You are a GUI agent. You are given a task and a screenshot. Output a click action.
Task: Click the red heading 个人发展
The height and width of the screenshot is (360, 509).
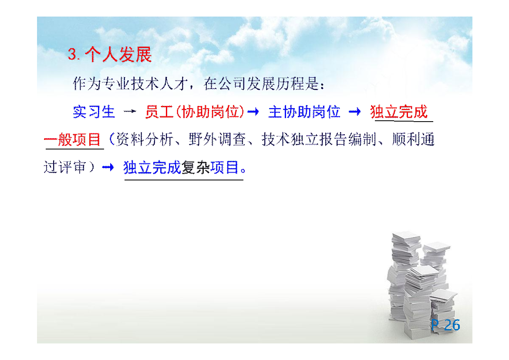tap(118, 54)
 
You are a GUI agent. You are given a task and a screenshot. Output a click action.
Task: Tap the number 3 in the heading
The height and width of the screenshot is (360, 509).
tap(72, 54)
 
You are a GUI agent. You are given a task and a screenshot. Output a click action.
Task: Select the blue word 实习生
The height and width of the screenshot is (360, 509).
tap(94, 112)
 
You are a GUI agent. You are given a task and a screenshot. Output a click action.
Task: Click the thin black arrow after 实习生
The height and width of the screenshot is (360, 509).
tap(130, 112)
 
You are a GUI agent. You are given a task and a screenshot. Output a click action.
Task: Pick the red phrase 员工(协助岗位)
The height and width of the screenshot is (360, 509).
tap(195, 112)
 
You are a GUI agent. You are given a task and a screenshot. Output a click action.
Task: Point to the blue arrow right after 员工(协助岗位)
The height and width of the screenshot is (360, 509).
tap(253, 112)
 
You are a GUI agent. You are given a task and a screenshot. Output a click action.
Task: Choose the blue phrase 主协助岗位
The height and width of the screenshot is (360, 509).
tap(304, 112)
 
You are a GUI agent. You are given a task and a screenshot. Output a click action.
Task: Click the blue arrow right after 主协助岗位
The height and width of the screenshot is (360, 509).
tap(355, 112)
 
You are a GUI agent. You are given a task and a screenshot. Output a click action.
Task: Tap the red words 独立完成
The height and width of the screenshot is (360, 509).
tap(399, 112)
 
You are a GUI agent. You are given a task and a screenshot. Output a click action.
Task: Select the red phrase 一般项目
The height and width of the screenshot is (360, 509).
tap(72, 140)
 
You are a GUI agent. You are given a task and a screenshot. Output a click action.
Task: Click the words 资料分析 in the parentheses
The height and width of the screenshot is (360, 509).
tap(145, 139)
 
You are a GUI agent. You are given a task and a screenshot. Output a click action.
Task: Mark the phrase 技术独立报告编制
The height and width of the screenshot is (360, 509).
tap(319, 139)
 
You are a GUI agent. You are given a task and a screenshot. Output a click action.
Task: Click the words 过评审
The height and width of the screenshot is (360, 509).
tap(65, 167)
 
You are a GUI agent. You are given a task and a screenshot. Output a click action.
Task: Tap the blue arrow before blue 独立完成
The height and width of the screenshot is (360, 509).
tap(108, 167)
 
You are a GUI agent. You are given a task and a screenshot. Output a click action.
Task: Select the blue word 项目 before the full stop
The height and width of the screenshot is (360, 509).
tap(224, 168)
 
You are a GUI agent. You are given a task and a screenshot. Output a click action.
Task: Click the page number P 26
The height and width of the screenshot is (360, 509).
tap(445, 325)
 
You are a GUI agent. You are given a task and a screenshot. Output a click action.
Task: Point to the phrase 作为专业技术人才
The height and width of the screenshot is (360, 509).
tap(131, 84)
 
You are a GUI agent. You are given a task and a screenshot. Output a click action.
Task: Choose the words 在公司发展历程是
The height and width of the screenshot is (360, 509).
tap(262, 84)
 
